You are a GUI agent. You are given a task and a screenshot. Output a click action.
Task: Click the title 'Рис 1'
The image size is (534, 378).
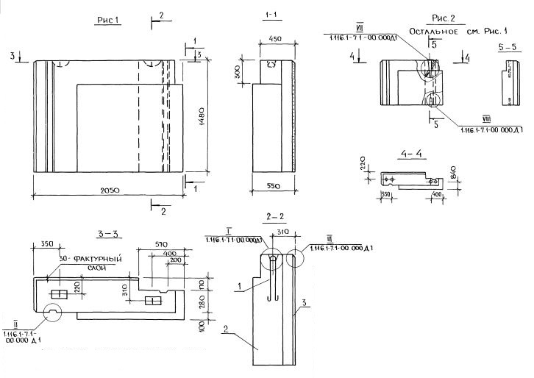pyautogui.click(x=108, y=21)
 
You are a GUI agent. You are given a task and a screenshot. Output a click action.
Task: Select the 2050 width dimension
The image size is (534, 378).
pyautogui.click(x=110, y=191)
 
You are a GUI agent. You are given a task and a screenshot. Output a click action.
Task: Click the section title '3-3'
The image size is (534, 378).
pyautogui.click(x=107, y=234)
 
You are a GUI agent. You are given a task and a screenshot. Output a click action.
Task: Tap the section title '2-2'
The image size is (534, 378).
pyautogui.click(x=276, y=217)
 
